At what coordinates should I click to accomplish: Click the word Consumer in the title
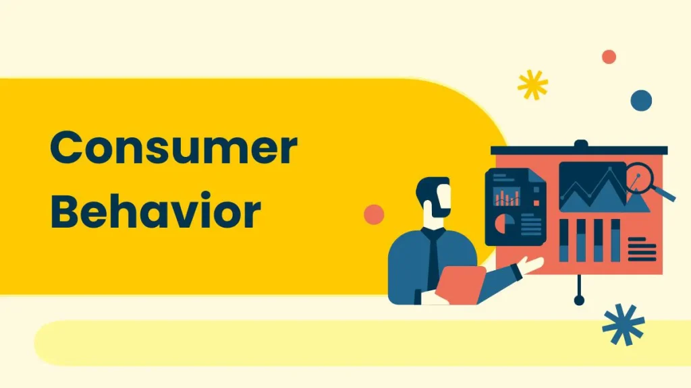tap(173, 149)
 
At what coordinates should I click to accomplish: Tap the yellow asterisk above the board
tap(532, 85)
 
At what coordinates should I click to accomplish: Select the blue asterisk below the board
tap(623, 324)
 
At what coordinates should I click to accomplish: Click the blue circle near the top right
tap(641, 100)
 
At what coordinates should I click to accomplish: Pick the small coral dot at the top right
tap(609, 57)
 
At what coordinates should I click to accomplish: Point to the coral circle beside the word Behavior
tap(373, 214)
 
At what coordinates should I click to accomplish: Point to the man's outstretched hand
tap(533, 265)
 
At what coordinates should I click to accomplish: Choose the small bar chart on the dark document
tap(507, 197)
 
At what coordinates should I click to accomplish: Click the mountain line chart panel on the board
tap(592, 187)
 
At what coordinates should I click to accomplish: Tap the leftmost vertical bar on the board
tap(564, 240)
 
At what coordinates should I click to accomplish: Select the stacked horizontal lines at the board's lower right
tap(641, 248)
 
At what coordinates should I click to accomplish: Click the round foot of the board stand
tap(578, 300)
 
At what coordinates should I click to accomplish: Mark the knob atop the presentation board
tap(580, 143)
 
